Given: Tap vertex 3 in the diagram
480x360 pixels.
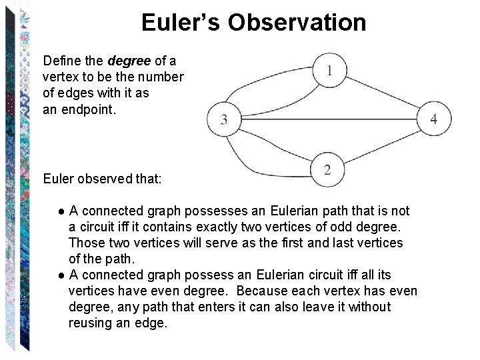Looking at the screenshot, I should point(223,119).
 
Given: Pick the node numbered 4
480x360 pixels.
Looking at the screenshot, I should point(434,119).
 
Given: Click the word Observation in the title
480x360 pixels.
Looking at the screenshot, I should point(297,23).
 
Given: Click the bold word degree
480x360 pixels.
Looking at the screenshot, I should point(129,61).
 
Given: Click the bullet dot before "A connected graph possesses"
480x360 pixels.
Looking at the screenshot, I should point(61,211).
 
